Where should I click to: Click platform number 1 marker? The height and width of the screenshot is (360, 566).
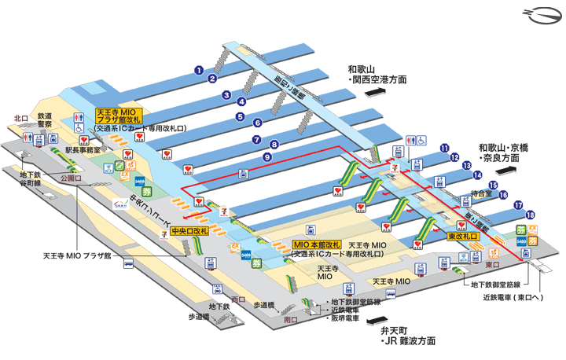pyautogui.click(x=200, y=69)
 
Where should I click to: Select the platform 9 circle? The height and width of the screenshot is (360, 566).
pyautogui.click(x=267, y=157)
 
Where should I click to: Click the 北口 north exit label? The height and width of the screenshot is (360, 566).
pyautogui.click(x=20, y=119)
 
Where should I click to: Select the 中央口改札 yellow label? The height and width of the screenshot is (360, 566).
pyautogui.click(x=189, y=231)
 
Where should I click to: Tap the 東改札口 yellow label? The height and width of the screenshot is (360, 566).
pyautogui.click(x=464, y=237)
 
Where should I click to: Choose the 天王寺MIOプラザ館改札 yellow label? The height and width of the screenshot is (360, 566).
pyautogui.click(x=117, y=117)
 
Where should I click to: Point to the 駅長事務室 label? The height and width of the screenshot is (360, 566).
pyautogui.click(x=83, y=149)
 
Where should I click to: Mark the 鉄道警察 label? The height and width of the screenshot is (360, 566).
pyautogui.click(x=46, y=119)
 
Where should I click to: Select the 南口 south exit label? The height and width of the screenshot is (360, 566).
pyautogui.click(x=291, y=321)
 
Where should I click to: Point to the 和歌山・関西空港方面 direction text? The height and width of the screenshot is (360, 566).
pyautogui.click(x=377, y=75)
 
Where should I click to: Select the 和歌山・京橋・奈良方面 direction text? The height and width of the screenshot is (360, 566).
pyautogui.click(x=509, y=152)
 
